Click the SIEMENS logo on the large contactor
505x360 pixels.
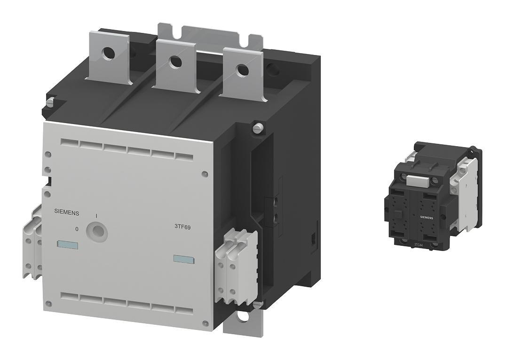pyautogui.click(x=66, y=213)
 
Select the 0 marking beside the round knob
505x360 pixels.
pyautogui.click(x=77, y=229)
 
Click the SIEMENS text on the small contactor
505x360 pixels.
pyautogui.click(x=427, y=218)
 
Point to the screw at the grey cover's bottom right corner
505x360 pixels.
pyautogui.click(x=205, y=323)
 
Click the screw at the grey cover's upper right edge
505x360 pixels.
pyautogui.click(x=204, y=174)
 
